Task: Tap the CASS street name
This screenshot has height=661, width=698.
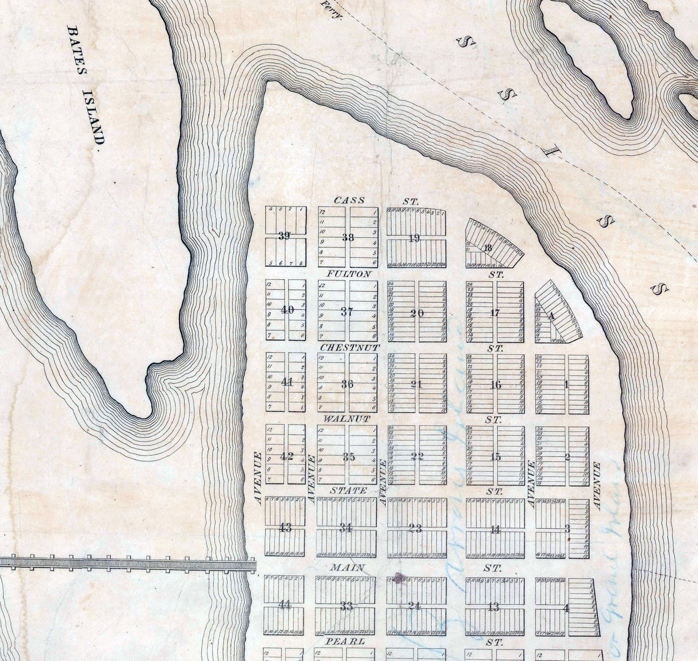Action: pyautogui.click(x=349, y=200)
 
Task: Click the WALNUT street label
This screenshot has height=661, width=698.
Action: pyautogui.click(x=347, y=419)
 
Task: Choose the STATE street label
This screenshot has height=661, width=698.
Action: pyautogui.click(x=348, y=491)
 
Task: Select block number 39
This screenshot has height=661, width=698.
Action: pyautogui.click(x=284, y=236)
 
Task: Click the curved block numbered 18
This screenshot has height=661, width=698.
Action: pyautogui.click(x=489, y=248)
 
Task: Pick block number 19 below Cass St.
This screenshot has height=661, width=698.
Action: pyautogui.click(x=415, y=238)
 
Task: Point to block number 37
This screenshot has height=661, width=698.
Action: pyautogui.click(x=347, y=312)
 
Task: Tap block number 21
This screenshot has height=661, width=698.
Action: pyautogui.click(x=417, y=385)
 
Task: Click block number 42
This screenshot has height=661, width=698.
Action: pyautogui.click(x=286, y=456)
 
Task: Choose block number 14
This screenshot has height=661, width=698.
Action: pyautogui.click(x=495, y=529)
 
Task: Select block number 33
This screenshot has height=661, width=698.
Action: pyautogui.click(x=346, y=606)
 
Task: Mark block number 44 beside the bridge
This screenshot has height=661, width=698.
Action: pyautogui.click(x=284, y=605)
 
